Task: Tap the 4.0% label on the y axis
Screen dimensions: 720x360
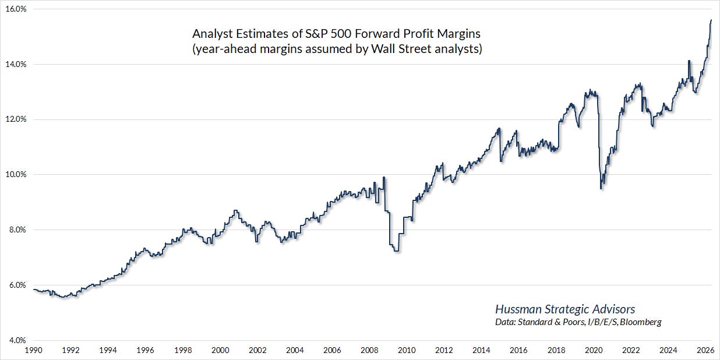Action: [x=16, y=340]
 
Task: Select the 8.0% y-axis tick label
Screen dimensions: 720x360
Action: [x=16, y=230]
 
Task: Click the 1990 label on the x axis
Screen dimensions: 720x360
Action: [x=33, y=350]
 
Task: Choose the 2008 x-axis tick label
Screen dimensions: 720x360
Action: [x=369, y=350]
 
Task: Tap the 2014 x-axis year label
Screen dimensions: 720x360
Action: [x=481, y=350]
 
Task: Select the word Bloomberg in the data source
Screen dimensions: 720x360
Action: [x=641, y=322]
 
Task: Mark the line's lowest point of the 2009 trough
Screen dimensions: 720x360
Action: [x=396, y=251]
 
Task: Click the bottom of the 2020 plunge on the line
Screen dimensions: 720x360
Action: [x=601, y=189]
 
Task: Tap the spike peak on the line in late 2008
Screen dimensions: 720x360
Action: [x=384, y=177]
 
